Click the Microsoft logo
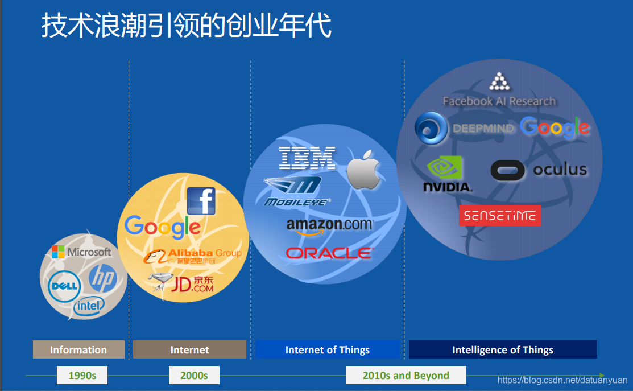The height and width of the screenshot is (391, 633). [81, 252]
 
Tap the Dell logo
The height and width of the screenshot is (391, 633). [64, 286]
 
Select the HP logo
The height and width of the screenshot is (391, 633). [102, 278]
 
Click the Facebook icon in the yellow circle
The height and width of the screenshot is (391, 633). [201, 201]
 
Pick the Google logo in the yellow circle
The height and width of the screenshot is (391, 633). [163, 227]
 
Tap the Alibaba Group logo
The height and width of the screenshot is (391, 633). [192, 256]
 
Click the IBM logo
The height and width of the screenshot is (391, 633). [307, 158]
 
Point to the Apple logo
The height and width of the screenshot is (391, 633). [364, 170]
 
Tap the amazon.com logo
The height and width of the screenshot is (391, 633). [329, 225]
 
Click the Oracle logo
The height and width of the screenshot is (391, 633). [329, 253]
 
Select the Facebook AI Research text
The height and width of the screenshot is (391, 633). [499, 101]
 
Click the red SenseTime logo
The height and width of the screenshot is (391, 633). [500, 216]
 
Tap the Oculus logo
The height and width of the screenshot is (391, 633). [538, 170]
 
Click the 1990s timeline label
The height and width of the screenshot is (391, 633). [82, 376]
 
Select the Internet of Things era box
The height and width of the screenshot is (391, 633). [328, 350]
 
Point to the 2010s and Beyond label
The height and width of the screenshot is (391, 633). [406, 376]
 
